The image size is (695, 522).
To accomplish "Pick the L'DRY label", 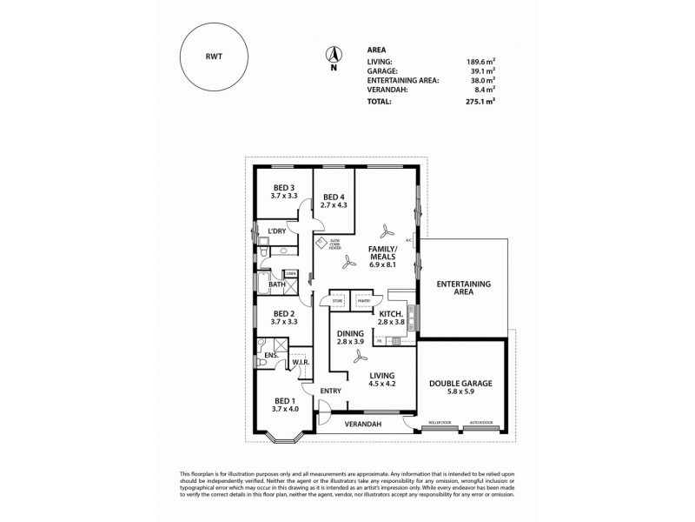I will (x=277, y=231).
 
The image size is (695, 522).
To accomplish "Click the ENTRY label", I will (x=330, y=391).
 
